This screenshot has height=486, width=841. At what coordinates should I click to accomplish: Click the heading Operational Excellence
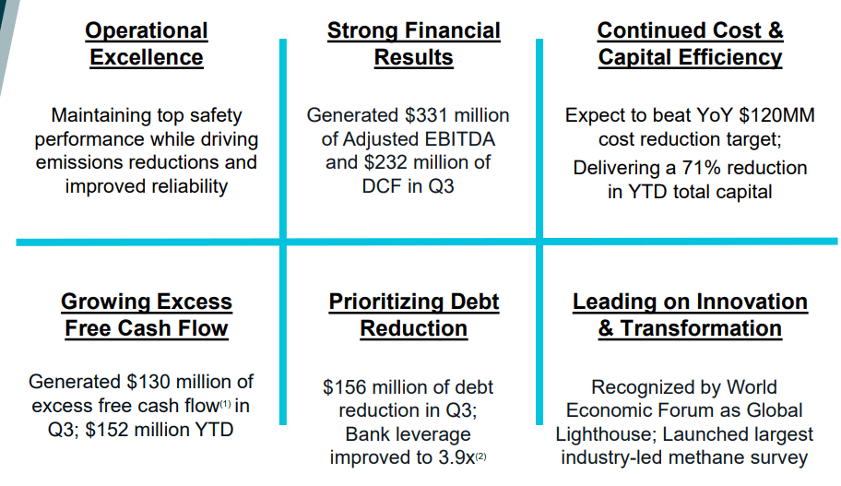pyautogui.click(x=147, y=44)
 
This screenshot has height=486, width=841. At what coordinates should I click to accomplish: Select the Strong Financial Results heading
pyautogui.click(x=413, y=44)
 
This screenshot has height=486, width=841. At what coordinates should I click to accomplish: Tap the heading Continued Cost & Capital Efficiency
pyautogui.click(x=691, y=44)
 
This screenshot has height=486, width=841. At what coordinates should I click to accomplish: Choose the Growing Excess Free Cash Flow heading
pyautogui.click(x=147, y=314)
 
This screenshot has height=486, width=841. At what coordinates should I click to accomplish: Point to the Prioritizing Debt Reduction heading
pyautogui.click(x=413, y=314)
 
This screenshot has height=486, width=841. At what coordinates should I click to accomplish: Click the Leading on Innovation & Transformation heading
pyautogui.click(x=691, y=314)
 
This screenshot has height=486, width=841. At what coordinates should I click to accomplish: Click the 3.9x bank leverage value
pyautogui.click(x=456, y=457)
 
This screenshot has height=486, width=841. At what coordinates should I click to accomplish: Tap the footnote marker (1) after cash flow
pyautogui.click(x=225, y=403)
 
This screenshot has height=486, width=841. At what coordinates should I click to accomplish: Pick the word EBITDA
pyautogui.click(x=459, y=139)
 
